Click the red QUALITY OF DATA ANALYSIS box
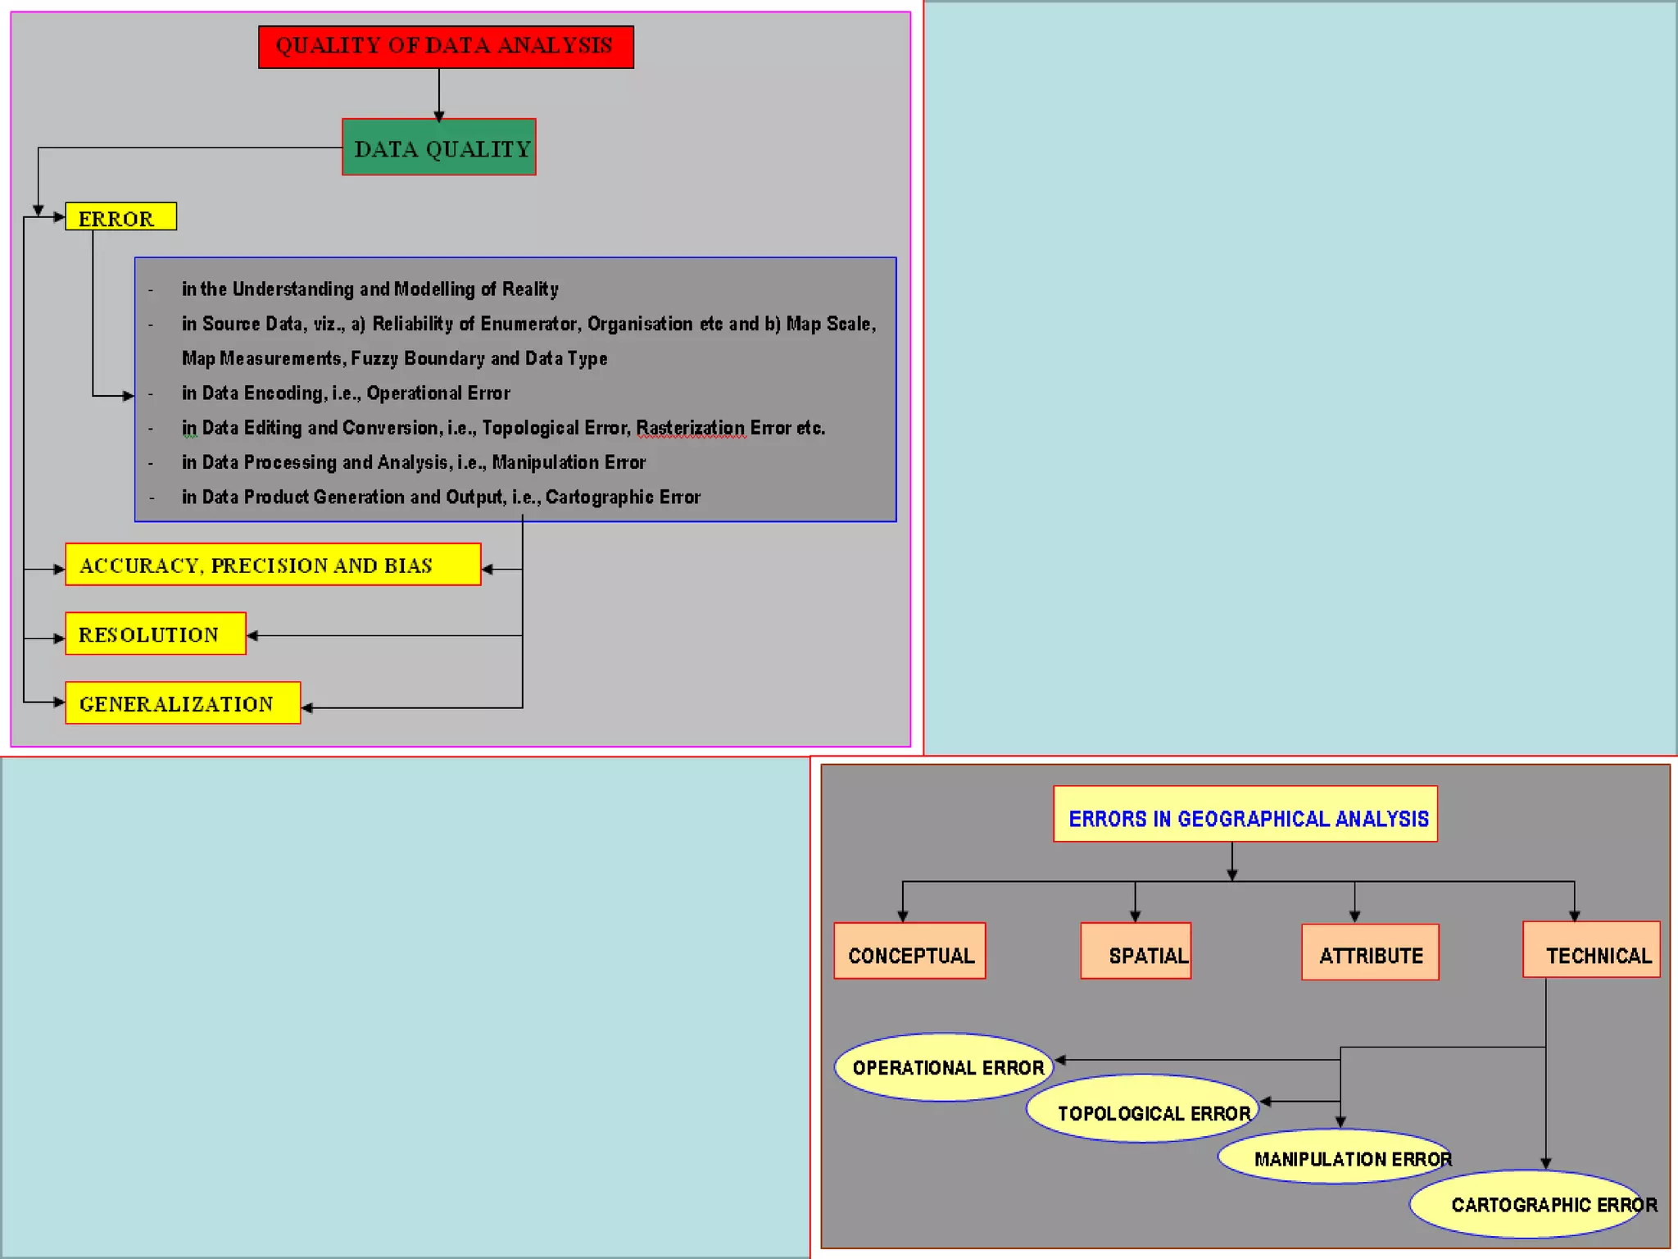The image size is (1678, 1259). coord(446,47)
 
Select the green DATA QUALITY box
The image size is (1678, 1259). coord(439,148)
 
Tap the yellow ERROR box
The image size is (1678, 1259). coord(120,216)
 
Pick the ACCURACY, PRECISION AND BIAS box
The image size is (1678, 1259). coord(273,565)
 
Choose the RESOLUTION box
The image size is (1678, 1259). coord(156,634)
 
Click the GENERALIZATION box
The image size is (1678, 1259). coord(183,703)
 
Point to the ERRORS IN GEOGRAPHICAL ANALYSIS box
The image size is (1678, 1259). coord(1245,815)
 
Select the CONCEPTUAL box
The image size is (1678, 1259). coord(909,952)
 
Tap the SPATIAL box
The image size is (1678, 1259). coord(1136,952)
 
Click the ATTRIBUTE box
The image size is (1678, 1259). coord(1370,952)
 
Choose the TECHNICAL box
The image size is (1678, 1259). coord(1591,950)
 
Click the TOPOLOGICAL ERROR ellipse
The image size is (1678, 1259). coord(1143,1109)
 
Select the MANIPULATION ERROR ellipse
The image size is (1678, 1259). coord(1336,1157)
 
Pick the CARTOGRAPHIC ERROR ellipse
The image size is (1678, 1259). coord(1528,1203)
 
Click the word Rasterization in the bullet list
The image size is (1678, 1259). coord(691,428)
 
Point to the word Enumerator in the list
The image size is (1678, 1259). coord(530,324)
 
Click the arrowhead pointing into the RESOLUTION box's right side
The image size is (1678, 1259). coord(252,635)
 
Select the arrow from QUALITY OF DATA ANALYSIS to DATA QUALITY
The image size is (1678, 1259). coord(439,94)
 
